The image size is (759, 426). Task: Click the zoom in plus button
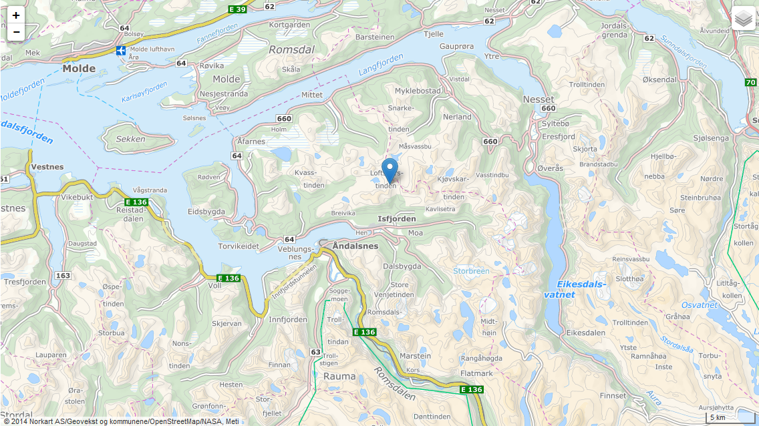coord(16,15)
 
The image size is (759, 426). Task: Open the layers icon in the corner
coord(743,19)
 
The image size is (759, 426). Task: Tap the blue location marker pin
coord(390,170)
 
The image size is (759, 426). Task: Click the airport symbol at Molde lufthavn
coord(120,50)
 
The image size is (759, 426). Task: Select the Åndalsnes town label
coord(355,246)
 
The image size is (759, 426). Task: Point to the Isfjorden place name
coord(396,219)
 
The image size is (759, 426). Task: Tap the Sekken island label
coord(130,139)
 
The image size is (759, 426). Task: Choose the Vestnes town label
coord(47,167)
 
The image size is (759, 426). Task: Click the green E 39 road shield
coord(237,9)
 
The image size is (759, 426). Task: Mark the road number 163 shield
coord(63,275)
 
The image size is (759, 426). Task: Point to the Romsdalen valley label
coord(395,383)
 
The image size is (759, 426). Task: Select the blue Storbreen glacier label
coord(471,271)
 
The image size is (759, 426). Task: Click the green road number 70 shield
coord(751,83)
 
